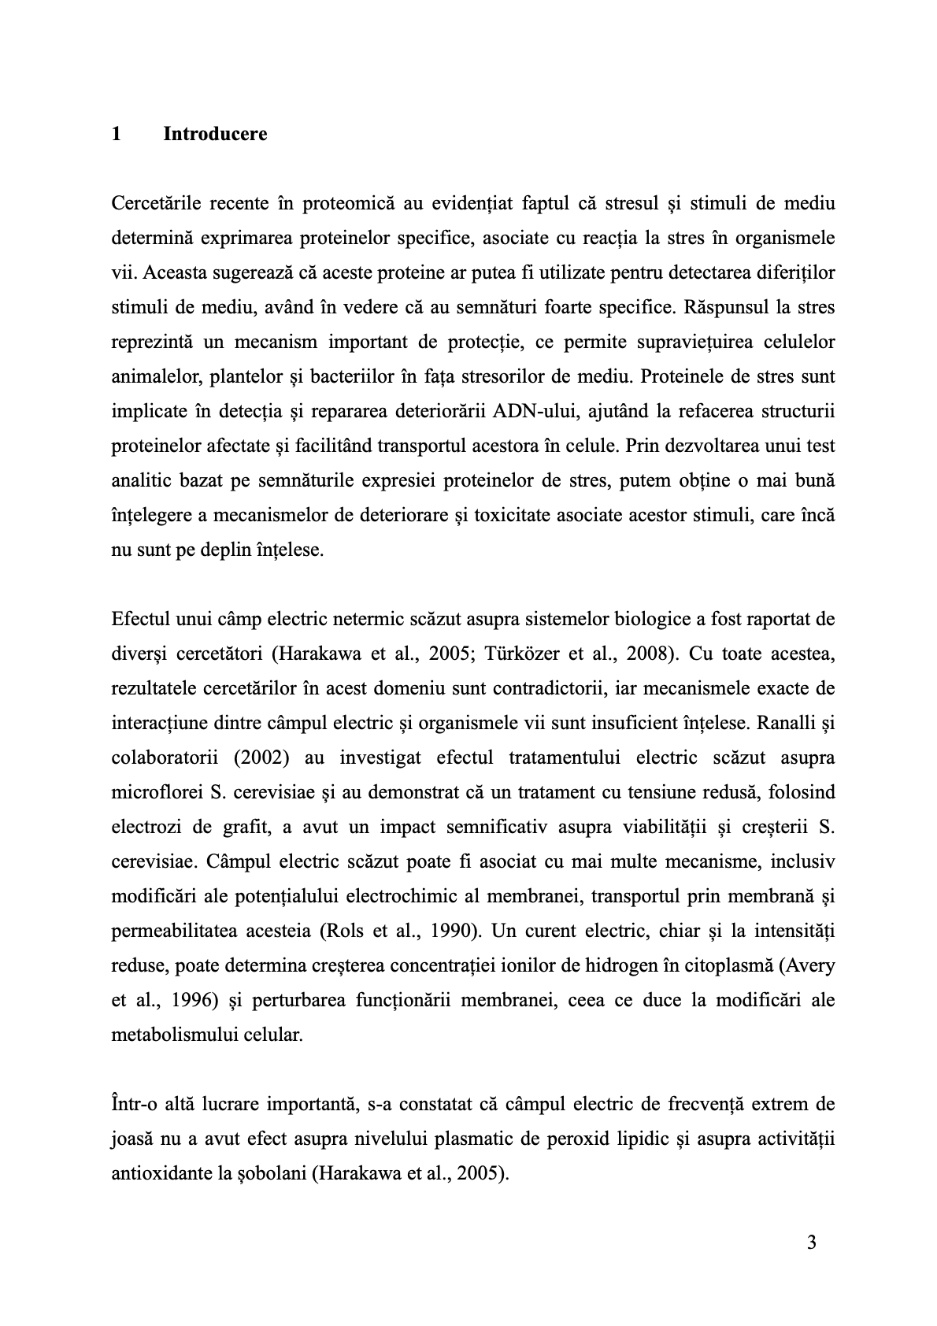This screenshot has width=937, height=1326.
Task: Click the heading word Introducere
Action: (215, 134)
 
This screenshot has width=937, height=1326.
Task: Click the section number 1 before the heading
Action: (117, 134)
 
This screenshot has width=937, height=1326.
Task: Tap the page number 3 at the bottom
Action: (812, 1243)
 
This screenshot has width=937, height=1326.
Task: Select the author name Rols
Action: (343, 931)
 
